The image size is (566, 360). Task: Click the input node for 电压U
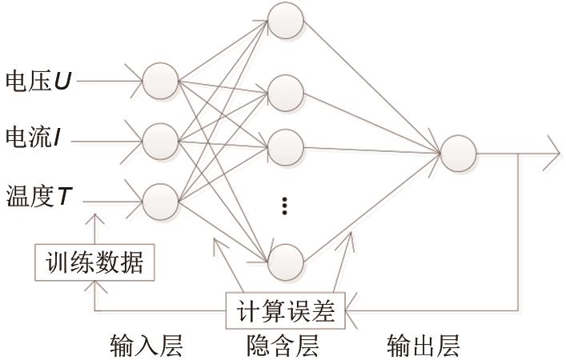(161, 81)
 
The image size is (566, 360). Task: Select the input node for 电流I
(161, 142)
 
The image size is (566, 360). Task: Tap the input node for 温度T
(161, 202)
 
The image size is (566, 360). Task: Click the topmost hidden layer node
(286, 21)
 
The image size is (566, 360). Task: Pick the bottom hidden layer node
(286, 262)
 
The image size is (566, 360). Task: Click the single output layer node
(459, 154)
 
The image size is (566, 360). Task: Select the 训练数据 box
(94, 262)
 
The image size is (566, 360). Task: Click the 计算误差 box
(286, 311)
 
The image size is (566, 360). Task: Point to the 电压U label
(38, 81)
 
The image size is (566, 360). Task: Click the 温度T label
(39, 197)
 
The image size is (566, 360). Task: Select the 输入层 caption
(147, 346)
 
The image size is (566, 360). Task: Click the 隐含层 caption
(283, 346)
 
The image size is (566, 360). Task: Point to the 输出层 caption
(423, 346)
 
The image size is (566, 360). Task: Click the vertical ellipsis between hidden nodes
(284, 206)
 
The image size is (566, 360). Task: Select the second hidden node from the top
(286, 93)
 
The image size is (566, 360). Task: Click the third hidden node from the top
(286, 147)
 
